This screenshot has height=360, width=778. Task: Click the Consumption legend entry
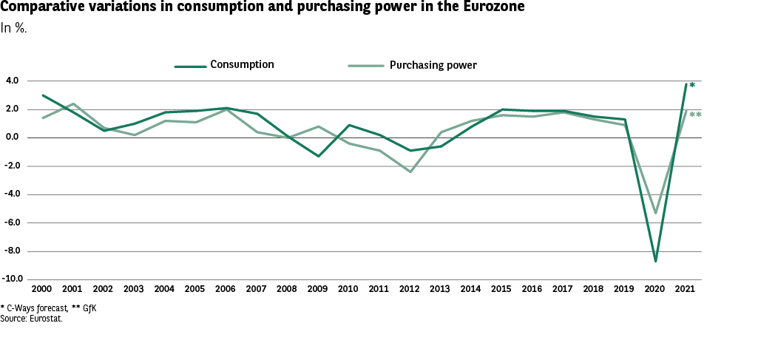click(242, 65)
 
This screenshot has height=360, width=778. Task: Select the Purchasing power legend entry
click(433, 65)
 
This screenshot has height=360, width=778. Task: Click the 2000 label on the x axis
click(42, 288)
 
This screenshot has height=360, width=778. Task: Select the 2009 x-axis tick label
click(317, 288)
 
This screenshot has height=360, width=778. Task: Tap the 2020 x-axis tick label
click(655, 288)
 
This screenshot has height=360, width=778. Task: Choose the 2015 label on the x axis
click(502, 288)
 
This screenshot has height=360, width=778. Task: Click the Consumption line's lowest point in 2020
click(655, 261)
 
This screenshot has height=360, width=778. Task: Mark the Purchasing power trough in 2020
click(655, 213)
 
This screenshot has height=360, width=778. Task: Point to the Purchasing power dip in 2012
click(410, 171)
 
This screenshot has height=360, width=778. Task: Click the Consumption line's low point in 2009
click(318, 156)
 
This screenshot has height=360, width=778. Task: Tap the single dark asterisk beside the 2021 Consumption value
click(692, 86)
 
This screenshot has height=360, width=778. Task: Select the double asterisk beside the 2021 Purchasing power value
click(695, 115)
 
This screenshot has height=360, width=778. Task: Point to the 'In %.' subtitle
click(14, 28)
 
